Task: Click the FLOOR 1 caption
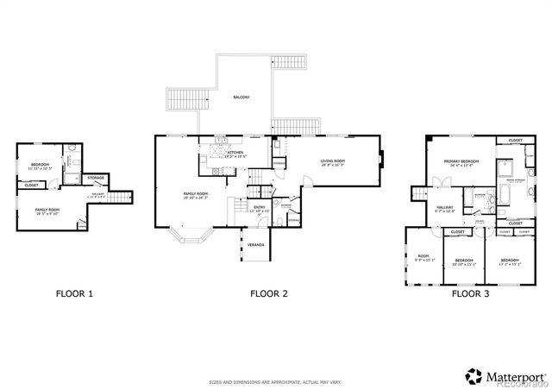tap(74, 293)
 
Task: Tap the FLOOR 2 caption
tap(268, 293)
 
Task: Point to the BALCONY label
tap(241, 98)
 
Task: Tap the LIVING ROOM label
tap(333, 161)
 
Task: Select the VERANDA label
tap(256, 245)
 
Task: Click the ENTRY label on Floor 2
tap(259, 208)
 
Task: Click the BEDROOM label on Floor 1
tap(41, 165)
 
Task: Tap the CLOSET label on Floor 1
tap(31, 185)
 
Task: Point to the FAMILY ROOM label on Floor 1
tap(47, 210)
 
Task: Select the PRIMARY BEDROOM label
tap(461, 161)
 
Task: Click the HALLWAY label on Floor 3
tap(444, 207)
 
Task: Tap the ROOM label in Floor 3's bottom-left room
tap(423, 256)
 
